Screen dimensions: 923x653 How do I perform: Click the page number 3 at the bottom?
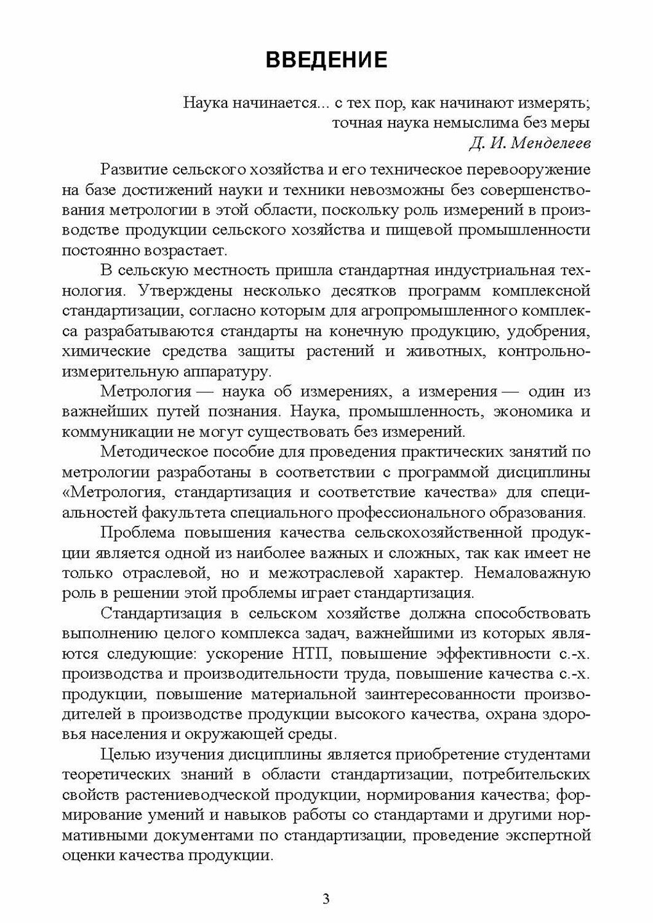tap(326, 898)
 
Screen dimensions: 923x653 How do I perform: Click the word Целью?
tap(124, 755)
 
